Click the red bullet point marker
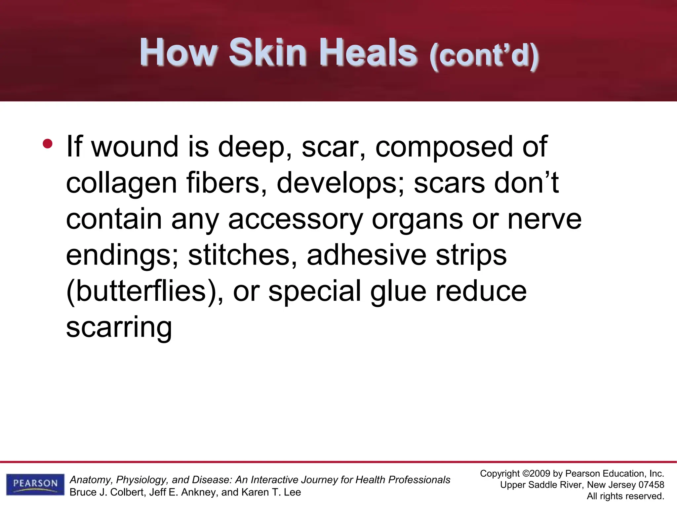coord(48,144)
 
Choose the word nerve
coord(544,220)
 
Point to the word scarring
coord(119,328)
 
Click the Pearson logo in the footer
coord(35,484)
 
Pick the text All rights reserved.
coord(625,496)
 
